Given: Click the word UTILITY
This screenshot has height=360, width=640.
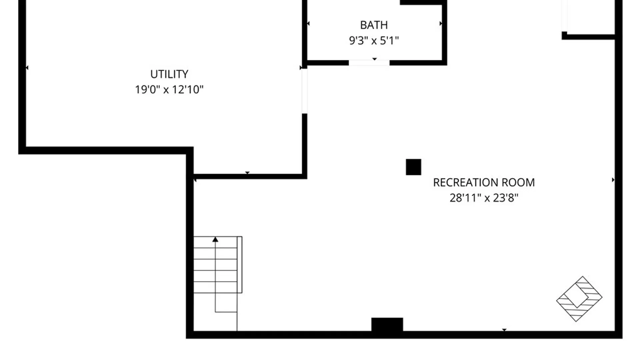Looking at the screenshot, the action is coord(169,74).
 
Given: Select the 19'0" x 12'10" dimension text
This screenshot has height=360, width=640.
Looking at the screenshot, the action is coord(169,89).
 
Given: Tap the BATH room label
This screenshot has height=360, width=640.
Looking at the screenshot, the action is coord(374,25).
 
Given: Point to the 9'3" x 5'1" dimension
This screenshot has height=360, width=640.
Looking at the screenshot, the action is coord(374,40).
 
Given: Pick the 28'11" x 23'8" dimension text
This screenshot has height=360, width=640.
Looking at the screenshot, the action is coord(484,198).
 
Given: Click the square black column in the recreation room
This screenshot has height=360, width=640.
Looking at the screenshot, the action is coord(413,167).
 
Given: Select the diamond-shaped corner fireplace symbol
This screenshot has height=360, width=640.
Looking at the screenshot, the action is coord(579,299).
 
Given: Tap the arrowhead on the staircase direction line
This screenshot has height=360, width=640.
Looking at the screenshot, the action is coord(215,239).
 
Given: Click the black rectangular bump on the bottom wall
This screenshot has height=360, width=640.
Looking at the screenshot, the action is coord(387,325).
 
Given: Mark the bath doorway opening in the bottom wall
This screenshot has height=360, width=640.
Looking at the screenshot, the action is coord(369,63).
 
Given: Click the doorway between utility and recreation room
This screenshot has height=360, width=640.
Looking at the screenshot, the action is coord(304,91).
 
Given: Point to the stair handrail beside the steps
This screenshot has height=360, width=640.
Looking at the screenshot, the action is coord(240,265).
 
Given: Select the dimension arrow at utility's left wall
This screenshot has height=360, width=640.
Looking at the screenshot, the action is coord(27,68).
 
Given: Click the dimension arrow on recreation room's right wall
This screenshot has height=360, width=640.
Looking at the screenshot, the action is coord(613,180).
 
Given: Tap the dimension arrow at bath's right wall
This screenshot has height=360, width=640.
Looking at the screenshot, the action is coord(441,23).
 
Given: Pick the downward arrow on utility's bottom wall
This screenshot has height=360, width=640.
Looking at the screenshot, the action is coord(247,173).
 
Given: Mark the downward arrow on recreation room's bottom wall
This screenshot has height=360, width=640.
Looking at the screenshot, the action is coord(504,330).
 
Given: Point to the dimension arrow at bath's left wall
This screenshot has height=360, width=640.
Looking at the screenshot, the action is coord(308,23).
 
